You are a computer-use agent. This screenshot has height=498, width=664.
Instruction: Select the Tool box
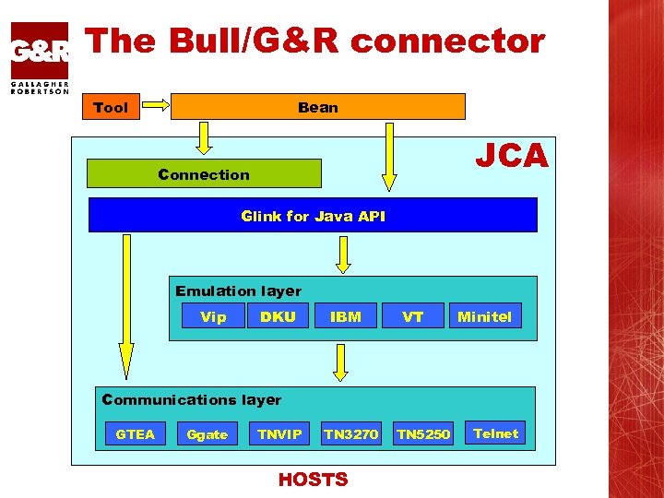coord(111,108)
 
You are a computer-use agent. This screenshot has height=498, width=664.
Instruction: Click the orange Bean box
coord(318,107)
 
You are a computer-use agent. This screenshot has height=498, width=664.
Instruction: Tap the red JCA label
coord(511,156)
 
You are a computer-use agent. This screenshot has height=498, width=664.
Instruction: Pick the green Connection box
coord(204,173)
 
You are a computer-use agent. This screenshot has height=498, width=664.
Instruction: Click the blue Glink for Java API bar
coord(313,216)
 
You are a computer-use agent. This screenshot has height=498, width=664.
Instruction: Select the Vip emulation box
coord(213,316)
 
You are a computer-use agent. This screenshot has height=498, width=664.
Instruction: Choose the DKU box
coord(278,316)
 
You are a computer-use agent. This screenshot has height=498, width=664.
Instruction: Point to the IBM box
coord(346,316)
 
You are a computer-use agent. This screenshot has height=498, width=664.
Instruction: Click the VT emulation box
coord(413,316)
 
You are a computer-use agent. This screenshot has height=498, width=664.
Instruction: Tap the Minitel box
coord(484,316)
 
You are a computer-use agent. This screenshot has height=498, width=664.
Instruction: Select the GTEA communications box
coord(135,433)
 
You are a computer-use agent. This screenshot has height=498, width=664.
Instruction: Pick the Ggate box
coord(207,434)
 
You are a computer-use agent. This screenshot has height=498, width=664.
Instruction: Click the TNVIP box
coord(279,433)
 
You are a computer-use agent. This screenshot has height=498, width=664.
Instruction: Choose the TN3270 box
coord(350,433)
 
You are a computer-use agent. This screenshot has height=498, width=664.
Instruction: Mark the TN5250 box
coord(423,433)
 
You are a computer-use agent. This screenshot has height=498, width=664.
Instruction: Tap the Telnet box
coord(496,433)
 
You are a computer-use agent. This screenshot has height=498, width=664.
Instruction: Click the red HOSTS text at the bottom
coord(314,480)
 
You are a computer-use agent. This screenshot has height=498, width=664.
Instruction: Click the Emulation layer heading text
coord(238,290)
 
